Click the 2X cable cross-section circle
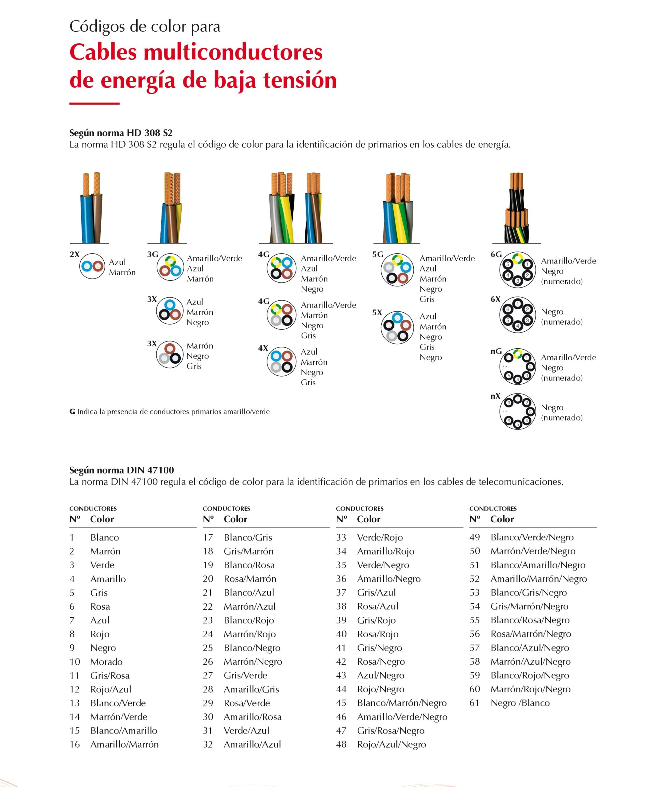pyautogui.click(x=92, y=266)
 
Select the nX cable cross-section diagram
pyautogui.click(x=517, y=411)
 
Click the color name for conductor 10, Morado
pyautogui.click(x=106, y=662)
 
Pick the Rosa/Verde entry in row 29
pyautogui.click(x=247, y=703)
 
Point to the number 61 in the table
pyautogui.click(x=474, y=703)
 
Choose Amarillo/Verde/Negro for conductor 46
pyautogui.click(x=402, y=717)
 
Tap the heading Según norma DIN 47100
pyautogui.click(x=122, y=470)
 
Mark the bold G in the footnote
pyautogui.click(x=72, y=412)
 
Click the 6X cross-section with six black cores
pyautogui.click(x=517, y=315)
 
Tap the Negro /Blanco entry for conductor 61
pyautogui.click(x=520, y=703)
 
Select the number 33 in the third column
pyautogui.click(x=341, y=538)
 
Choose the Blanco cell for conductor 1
pyautogui.click(x=105, y=538)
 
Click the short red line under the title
pyautogui.click(x=94, y=103)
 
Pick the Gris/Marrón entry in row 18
pyautogui.click(x=249, y=552)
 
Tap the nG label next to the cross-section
pyautogui.click(x=496, y=351)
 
